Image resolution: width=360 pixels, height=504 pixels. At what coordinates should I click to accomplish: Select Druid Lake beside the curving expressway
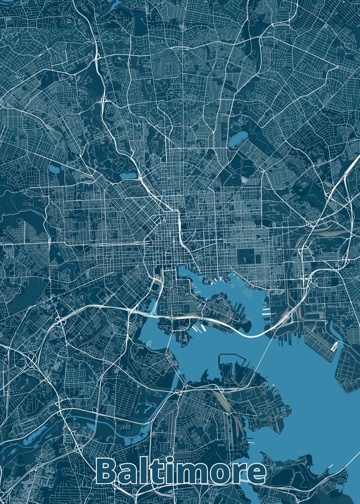pos(128,176)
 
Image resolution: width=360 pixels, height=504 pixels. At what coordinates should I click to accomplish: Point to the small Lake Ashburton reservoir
pos(55,169)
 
